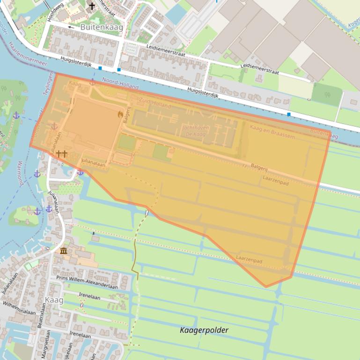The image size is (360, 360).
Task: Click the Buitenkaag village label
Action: [102, 27]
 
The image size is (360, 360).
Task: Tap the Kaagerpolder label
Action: [204, 330]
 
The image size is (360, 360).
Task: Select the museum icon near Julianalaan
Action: [63, 252]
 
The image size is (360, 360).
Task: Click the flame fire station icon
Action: [120, 114]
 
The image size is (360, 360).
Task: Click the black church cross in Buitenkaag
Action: [92, 6]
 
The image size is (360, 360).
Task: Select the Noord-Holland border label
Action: [120, 83]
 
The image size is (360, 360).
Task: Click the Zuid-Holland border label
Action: [155, 103]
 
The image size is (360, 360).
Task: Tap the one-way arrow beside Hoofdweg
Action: [71, 27]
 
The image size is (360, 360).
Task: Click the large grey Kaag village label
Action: [54, 300]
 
